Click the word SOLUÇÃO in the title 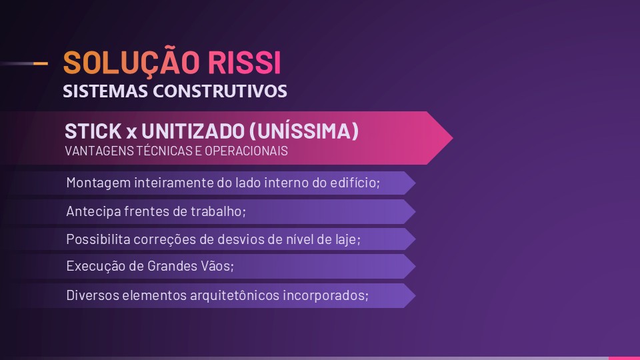131,63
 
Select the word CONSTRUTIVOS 220,91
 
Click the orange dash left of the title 40,63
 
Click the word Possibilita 97,239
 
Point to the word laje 348,239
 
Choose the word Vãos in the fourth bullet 217,266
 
